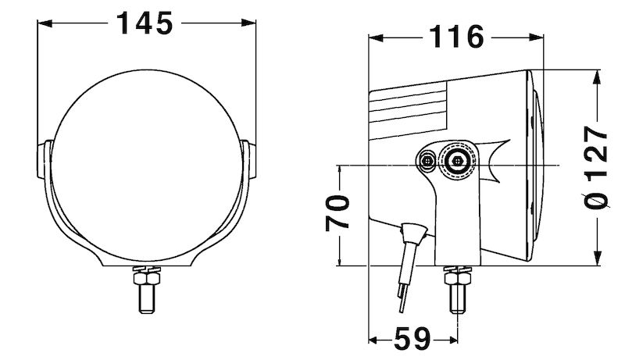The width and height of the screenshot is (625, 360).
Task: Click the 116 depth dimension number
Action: click(456, 36)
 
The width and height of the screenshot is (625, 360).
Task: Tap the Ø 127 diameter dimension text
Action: click(597, 168)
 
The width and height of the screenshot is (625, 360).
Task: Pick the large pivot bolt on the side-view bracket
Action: click(455, 162)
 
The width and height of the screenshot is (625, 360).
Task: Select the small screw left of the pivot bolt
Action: click(427, 162)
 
